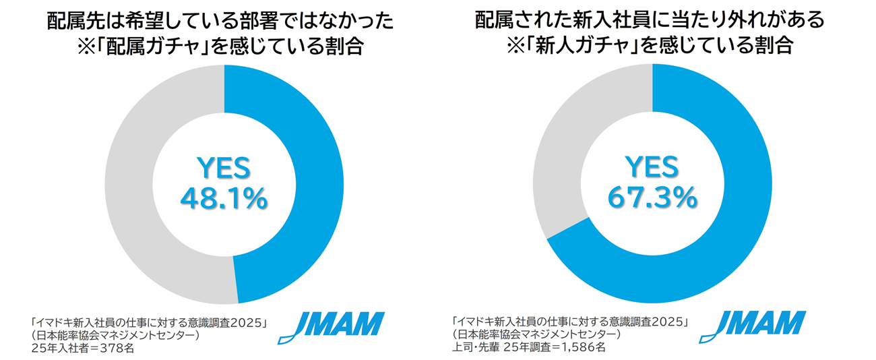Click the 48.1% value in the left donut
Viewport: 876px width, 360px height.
224,198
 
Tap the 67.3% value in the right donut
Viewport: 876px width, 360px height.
652,198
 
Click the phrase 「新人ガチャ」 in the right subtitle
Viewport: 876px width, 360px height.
563,48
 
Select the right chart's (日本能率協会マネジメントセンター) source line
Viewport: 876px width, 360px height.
536,335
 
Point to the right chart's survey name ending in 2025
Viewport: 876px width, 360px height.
570,322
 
